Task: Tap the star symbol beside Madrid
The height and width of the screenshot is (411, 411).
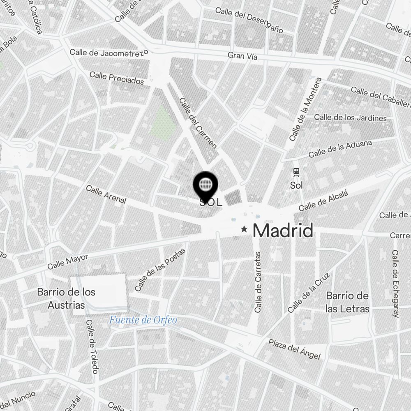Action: point(245,229)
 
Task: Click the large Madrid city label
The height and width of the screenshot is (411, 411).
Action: point(283,231)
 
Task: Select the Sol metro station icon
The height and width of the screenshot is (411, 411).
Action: point(296,171)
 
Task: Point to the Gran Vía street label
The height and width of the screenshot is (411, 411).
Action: point(242,56)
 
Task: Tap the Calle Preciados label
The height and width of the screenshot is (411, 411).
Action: point(117,78)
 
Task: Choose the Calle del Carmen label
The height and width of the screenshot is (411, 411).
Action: point(198,123)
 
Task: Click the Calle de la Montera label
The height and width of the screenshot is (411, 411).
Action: point(305,109)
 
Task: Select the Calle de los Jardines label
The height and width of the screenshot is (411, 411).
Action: point(350,118)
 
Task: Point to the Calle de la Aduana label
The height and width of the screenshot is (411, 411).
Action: point(340,149)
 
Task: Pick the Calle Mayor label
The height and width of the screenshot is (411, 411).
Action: point(68,262)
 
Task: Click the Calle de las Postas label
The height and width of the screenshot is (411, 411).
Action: point(160,270)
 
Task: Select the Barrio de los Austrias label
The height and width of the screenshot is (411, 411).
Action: point(66,299)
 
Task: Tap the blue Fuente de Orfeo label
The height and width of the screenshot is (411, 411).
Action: point(143,320)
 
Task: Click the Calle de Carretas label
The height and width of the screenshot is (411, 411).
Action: point(258,282)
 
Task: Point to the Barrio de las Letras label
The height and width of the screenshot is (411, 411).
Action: point(347,302)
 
